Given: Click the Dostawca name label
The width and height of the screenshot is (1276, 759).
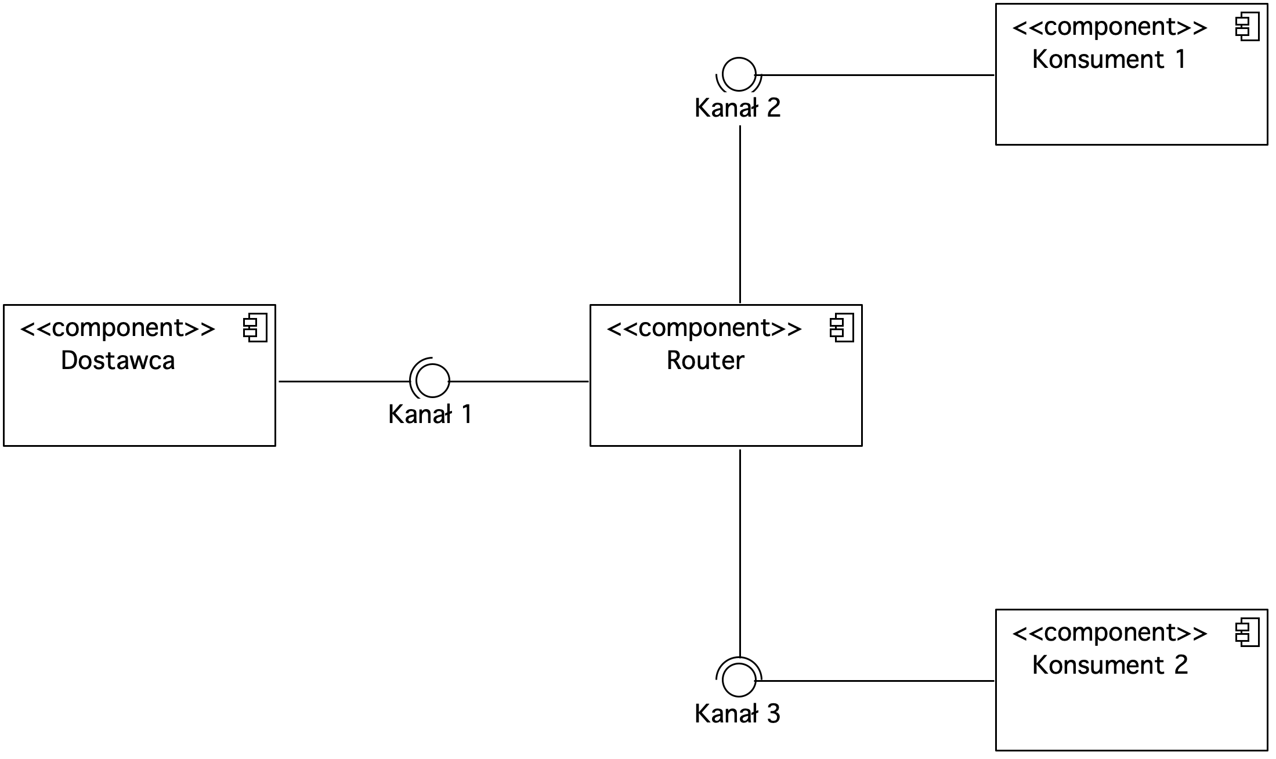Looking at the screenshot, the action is click(118, 360).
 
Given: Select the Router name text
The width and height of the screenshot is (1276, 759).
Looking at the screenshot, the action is click(705, 360).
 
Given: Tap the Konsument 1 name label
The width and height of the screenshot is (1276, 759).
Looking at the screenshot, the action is click(1109, 59).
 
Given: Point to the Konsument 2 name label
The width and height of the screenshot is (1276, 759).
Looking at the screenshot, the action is click(1110, 665).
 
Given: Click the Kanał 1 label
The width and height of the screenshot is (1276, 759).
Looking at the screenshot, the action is click(430, 414).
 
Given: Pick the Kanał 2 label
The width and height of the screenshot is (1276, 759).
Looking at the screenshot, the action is click(738, 108).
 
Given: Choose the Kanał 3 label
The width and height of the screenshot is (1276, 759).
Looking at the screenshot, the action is click(738, 714).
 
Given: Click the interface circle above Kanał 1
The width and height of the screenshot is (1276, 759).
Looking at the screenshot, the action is click(433, 364).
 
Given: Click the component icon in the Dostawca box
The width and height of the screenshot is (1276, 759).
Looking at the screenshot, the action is click(255, 328).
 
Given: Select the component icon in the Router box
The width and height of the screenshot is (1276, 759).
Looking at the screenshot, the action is click(841, 328).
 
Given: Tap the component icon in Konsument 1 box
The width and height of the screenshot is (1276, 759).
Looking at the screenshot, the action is click(1247, 27).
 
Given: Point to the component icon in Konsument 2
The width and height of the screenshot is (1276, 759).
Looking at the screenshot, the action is click(1247, 632).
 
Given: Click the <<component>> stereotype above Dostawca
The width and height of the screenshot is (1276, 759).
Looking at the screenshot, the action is click(118, 328).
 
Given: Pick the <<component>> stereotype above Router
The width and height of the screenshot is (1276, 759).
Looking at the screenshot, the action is click(704, 328).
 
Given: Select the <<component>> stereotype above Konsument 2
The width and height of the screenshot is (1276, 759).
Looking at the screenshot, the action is click(1110, 632).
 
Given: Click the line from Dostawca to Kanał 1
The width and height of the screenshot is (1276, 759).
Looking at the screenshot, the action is click(345, 381).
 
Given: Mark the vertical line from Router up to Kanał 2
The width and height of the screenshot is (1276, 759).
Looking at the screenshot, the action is click(740, 214).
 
